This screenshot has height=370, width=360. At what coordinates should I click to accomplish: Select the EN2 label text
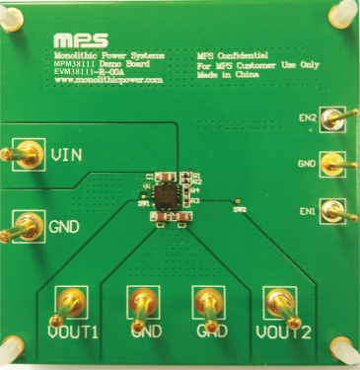pos(308,118)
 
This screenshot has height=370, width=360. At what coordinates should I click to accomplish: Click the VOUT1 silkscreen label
pos(72,333)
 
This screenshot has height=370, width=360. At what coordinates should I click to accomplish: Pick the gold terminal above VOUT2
pos(275,302)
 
